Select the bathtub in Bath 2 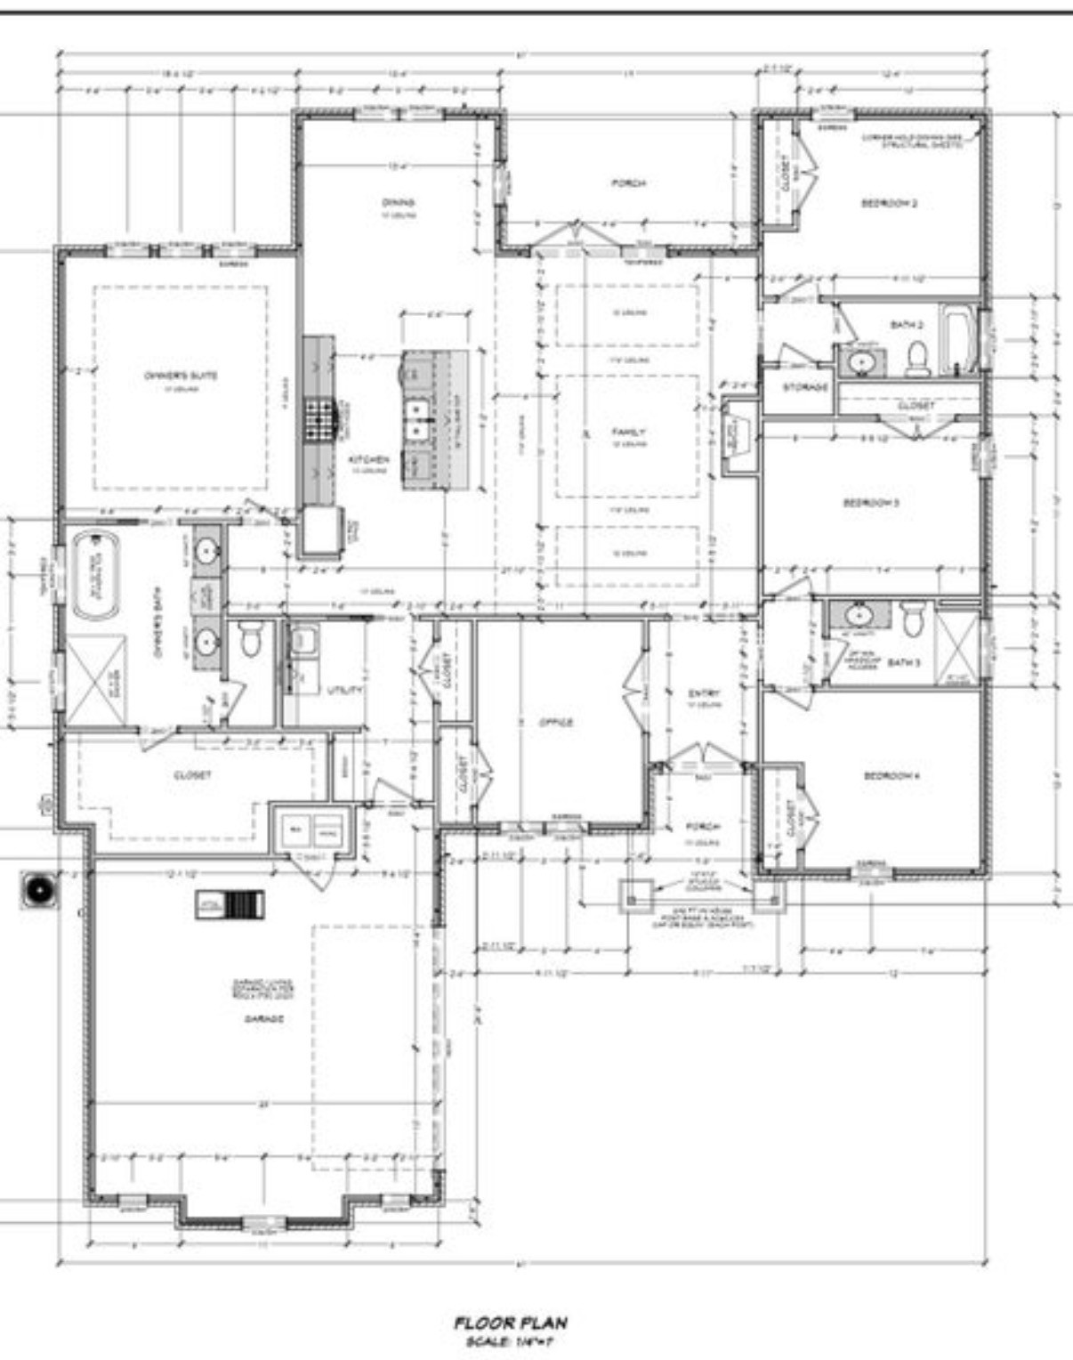pos(958,340)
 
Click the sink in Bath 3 pos(859,615)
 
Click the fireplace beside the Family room pos(735,437)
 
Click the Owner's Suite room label pos(181,376)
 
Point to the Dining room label pos(398,203)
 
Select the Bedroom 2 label pos(890,203)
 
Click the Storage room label pos(805,387)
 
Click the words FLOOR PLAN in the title pos(511,1324)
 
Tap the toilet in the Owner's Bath pos(250,638)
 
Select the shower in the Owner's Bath pos(94,680)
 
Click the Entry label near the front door pos(704,693)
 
